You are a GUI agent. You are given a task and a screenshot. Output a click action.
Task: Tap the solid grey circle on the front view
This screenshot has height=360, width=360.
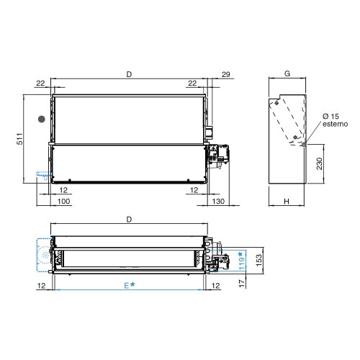42,118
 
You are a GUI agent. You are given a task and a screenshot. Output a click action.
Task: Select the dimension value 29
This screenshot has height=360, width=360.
225,74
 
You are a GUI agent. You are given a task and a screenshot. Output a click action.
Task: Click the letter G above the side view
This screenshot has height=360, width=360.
287,73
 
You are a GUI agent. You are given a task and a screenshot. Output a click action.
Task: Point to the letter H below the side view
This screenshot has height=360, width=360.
286,202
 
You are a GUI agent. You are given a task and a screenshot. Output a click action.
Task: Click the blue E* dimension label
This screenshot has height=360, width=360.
128,286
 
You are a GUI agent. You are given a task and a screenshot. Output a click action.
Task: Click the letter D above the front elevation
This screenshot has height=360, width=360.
129,73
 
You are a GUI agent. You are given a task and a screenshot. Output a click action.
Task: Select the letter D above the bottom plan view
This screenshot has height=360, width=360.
129,218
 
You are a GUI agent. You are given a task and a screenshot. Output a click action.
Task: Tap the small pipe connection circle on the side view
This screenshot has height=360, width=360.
305,144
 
